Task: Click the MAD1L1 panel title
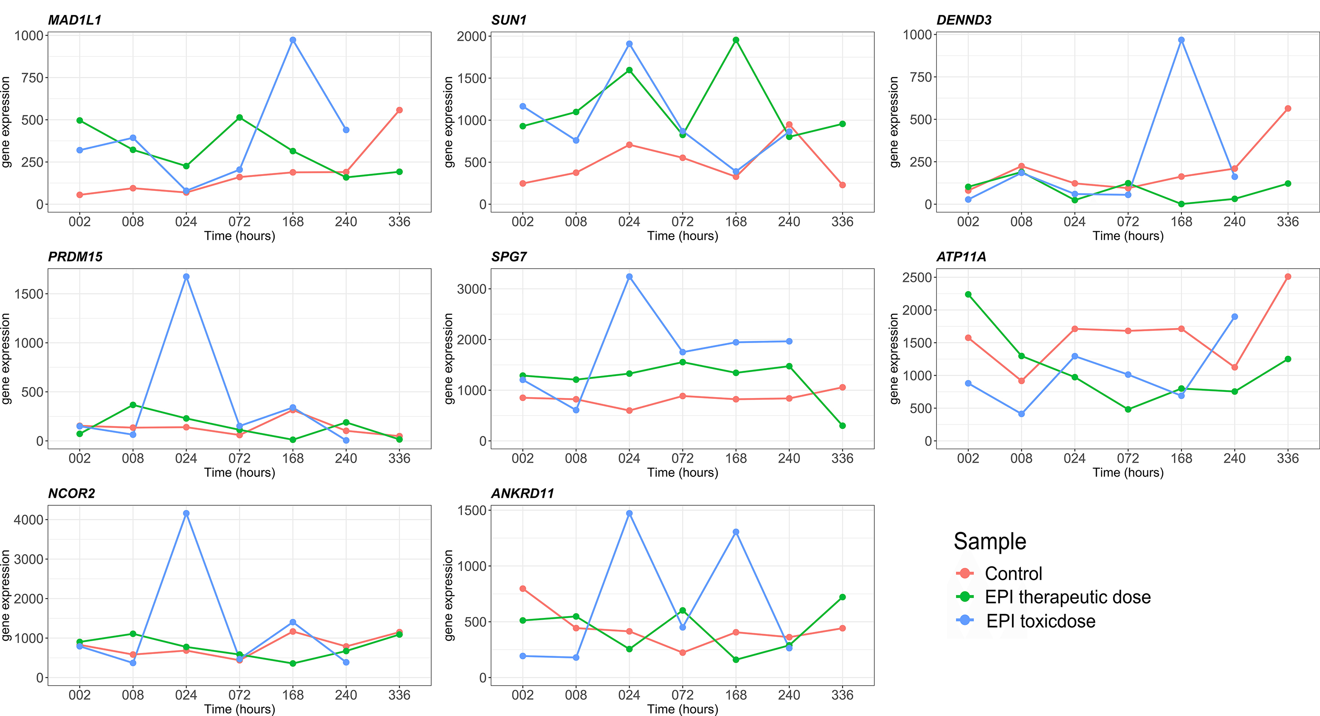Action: pyautogui.click(x=75, y=20)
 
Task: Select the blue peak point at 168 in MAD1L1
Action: pyautogui.click(x=293, y=40)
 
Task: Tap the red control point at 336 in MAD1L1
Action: pyautogui.click(x=399, y=110)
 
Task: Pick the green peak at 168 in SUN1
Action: pyautogui.click(x=736, y=40)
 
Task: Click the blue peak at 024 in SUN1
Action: pyautogui.click(x=629, y=44)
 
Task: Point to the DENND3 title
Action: pyautogui.click(x=964, y=20)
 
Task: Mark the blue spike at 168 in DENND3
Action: pyautogui.click(x=1181, y=40)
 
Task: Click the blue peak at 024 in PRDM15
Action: pyautogui.click(x=186, y=277)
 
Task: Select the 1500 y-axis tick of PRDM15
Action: pyautogui.click(x=29, y=294)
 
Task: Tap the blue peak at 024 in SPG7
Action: pyautogui.click(x=629, y=277)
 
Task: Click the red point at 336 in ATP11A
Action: pyautogui.click(x=1288, y=277)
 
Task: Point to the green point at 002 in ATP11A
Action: pyautogui.click(x=968, y=295)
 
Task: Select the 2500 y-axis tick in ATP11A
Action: pyautogui.click(x=917, y=278)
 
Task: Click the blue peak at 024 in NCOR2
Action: pyautogui.click(x=186, y=513)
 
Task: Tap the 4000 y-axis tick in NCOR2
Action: pyautogui.click(x=29, y=520)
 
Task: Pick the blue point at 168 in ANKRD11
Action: pyautogui.click(x=736, y=532)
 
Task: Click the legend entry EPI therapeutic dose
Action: pyautogui.click(x=1067, y=597)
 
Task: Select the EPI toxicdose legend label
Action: pyautogui.click(x=1041, y=621)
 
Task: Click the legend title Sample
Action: pyautogui.click(x=990, y=541)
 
